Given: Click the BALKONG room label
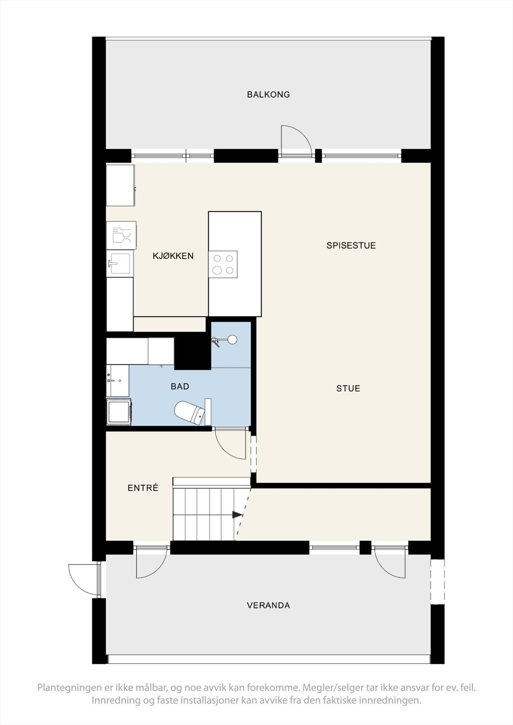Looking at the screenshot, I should point(268,95).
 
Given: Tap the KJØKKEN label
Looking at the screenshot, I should point(173,256).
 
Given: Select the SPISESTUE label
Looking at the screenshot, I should point(351,246).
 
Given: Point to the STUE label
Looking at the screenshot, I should point(348,388).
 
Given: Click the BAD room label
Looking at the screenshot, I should point(180,387).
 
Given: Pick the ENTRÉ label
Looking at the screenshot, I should point(143,488).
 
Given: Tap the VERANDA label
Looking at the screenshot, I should point(268,605).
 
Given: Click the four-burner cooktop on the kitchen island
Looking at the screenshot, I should point(223,264).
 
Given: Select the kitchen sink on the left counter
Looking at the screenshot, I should point(120,263).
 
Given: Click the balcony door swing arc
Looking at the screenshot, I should point(295,138).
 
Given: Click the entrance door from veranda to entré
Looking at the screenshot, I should point(151,562).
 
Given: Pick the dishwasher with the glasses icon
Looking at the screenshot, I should point(121,235).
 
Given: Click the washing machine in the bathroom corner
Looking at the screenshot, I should point(119,411).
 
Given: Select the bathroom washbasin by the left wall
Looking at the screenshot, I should point(117,380).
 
